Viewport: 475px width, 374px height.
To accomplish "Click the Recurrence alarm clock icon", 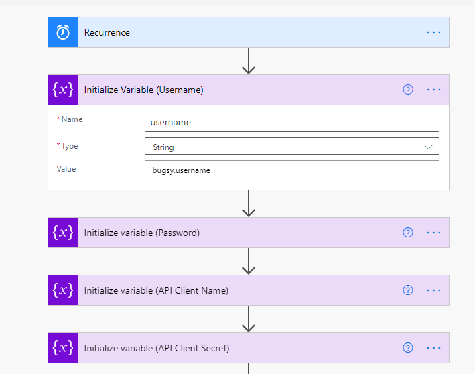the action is [63, 32].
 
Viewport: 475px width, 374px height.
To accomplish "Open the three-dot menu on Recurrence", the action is [433, 32].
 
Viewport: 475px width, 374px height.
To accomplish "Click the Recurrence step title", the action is [107, 32].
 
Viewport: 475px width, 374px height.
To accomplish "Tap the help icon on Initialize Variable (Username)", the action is [408, 90].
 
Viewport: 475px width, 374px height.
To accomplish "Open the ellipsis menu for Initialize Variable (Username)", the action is [433, 90].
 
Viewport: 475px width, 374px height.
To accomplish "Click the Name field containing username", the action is [292, 121].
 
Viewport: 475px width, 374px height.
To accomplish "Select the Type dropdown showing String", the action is [292, 146].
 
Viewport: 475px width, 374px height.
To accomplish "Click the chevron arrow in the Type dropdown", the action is [428, 147].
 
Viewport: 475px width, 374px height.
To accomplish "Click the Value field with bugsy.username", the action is [292, 170].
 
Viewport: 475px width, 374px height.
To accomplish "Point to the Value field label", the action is [66, 169].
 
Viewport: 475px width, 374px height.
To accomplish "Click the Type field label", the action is [70, 146].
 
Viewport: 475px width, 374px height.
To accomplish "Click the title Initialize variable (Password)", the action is [142, 233].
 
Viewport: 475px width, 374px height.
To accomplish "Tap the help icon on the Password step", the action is [408, 233].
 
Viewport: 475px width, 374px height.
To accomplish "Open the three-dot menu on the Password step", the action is [433, 233].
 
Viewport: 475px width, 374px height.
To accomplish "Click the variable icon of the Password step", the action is [63, 233].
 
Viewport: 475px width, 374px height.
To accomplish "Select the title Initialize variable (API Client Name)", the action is [156, 290].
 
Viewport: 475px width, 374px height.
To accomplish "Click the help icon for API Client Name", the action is [408, 290].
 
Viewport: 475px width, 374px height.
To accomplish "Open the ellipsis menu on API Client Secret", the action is [433, 348].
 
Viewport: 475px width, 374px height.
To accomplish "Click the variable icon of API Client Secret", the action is [63, 348].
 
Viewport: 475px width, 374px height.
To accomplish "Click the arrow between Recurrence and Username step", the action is [249, 60].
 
